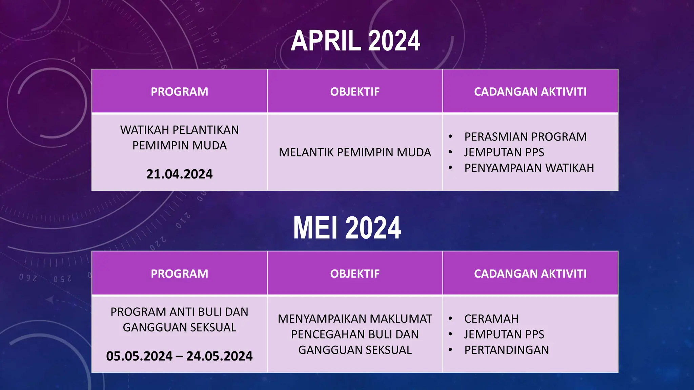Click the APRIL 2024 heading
(355, 41)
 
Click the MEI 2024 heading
(347, 228)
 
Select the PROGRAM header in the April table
(179, 92)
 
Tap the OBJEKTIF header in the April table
(355, 92)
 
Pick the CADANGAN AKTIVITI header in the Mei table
(530, 274)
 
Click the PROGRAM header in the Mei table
(179, 274)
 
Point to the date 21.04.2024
(179, 174)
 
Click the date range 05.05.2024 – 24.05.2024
(179, 356)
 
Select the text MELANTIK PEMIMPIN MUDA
(355, 152)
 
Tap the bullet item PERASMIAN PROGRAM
(525, 137)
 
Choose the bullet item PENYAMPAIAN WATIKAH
(529, 168)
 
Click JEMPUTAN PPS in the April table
(504, 152)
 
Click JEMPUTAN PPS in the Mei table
(504, 334)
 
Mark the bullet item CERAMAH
(491, 319)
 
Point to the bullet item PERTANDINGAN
(506, 350)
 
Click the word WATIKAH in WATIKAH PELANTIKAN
(141, 130)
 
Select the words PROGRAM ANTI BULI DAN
(179, 312)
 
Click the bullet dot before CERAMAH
(450, 319)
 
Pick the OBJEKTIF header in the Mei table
(355, 274)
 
